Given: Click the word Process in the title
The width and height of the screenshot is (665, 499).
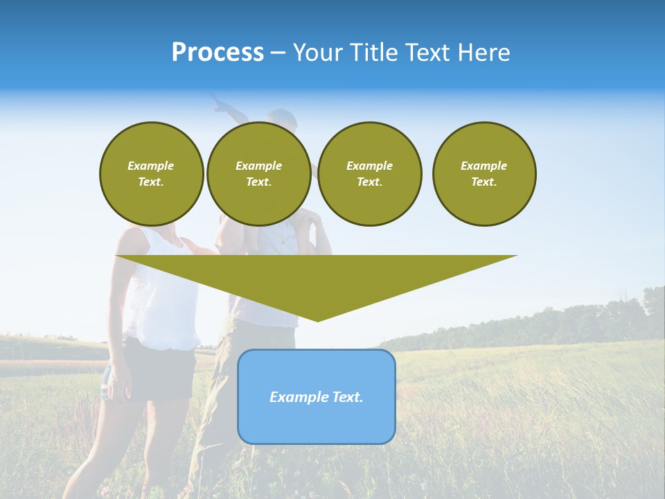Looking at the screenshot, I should point(218,53).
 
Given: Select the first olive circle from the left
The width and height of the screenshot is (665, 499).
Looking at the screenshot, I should point(152,174).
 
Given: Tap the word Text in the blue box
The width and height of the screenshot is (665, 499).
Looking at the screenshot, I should point(346,397).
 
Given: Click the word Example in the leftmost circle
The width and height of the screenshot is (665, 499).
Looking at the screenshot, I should point(151,166).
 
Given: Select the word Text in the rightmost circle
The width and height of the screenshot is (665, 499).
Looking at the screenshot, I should point(484,182).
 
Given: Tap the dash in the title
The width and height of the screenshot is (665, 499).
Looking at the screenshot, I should point(278,53).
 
